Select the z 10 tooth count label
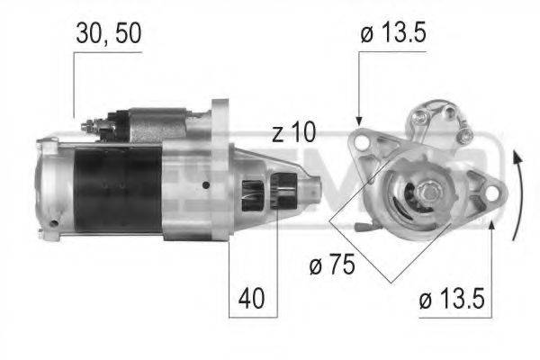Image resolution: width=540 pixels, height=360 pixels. pos(293,133)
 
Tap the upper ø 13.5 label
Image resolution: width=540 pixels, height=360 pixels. pos(392,33)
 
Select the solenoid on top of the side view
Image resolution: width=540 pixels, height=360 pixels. pos(153,123)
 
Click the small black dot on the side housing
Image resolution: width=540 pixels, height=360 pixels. pos(207,185)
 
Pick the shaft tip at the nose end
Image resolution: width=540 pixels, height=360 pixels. pos(316,190)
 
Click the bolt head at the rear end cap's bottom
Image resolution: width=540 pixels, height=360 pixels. pos(55,222)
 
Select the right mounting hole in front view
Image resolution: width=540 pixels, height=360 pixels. pos(490,192)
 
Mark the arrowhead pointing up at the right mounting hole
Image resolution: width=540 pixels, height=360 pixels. pos(492,222)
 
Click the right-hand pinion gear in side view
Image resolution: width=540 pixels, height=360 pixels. pos(287,194)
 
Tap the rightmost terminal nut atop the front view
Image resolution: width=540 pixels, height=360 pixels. pos(466,135)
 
